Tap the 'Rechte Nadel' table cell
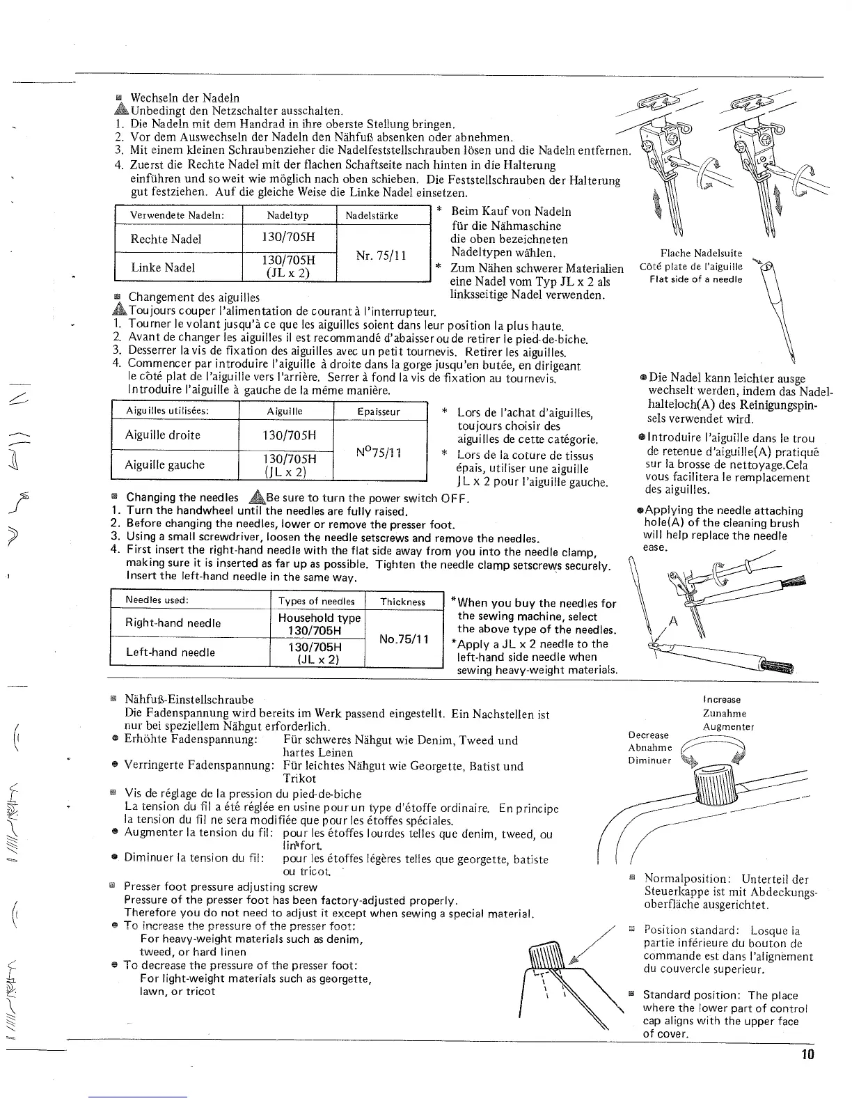pyautogui.click(x=166, y=239)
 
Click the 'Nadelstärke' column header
pyautogui.click(x=372, y=215)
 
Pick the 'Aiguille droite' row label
pyautogui.click(x=162, y=435)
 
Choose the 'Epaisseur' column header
pyautogui.click(x=379, y=412)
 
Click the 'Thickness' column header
pyautogui.click(x=403, y=601)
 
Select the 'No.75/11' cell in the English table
pyautogui.click(x=403, y=639)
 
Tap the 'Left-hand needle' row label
pyautogui.click(x=170, y=652)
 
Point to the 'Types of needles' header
pyautogui.click(x=316, y=601)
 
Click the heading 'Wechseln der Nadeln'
pyautogui.click(x=184, y=97)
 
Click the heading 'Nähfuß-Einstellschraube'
pyautogui.click(x=189, y=699)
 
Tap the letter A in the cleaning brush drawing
pyautogui.click(x=673, y=622)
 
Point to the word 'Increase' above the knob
pyautogui.click(x=722, y=699)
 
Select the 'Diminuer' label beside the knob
pyautogui.click(x=649, y=760)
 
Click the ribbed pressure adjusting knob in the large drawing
pyautogui.click(x=716, y=788)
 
